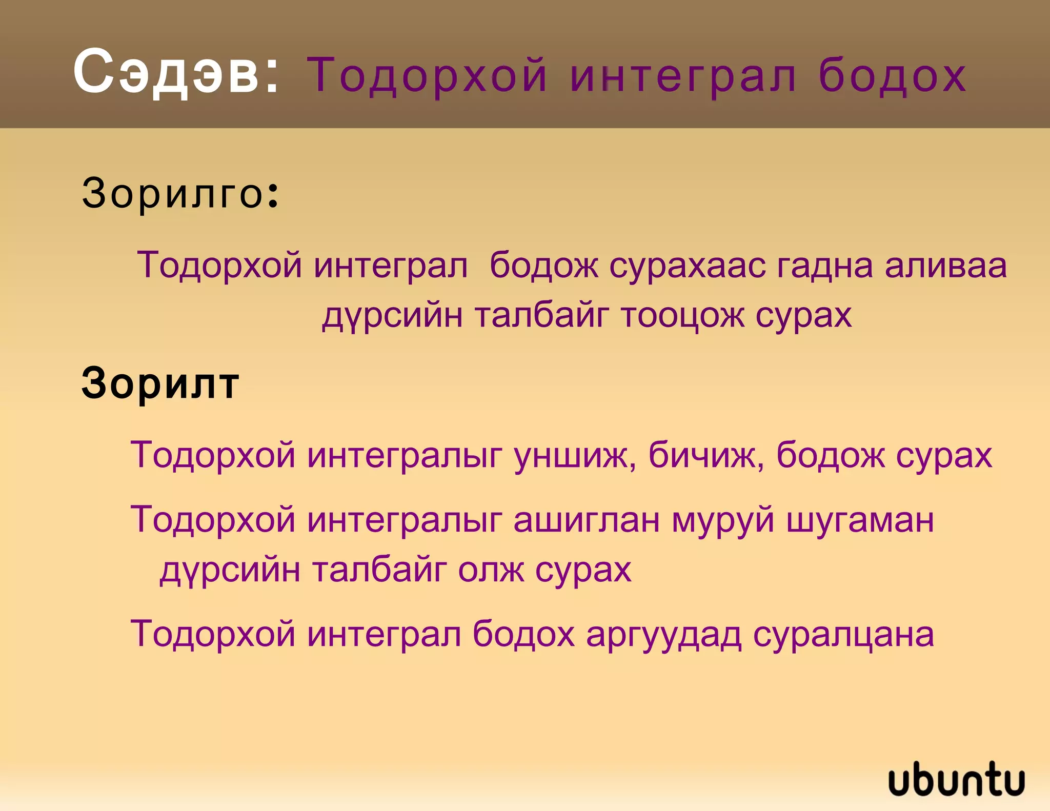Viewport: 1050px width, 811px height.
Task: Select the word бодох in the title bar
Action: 892,76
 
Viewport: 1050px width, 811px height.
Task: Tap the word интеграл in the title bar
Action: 683,76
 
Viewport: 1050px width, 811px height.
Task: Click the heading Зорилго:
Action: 180,193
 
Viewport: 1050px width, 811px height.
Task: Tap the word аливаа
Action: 946,266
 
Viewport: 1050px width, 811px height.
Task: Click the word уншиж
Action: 575,455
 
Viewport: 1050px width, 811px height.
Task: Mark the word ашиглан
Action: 587,520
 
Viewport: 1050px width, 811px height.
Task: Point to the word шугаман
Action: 860,520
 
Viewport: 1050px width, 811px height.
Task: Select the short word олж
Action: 491,569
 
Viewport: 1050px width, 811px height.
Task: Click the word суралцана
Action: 843,634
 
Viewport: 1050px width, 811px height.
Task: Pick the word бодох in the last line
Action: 523,634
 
